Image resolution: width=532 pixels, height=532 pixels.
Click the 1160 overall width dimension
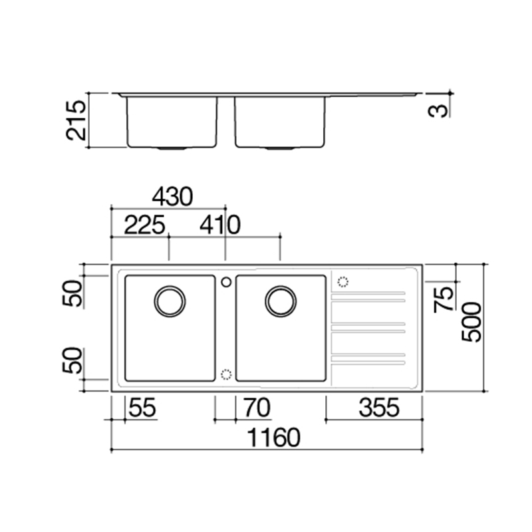273,438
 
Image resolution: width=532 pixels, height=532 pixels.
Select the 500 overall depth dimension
471,322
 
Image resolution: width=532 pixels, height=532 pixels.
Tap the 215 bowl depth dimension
76,120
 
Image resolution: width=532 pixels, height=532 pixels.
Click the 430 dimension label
172,197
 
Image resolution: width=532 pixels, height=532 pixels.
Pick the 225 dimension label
144,225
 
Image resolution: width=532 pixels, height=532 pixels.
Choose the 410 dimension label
220,225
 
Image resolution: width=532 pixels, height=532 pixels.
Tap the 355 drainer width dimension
379,408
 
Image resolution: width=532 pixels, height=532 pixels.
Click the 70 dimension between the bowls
257,408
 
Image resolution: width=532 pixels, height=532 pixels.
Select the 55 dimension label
142,408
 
